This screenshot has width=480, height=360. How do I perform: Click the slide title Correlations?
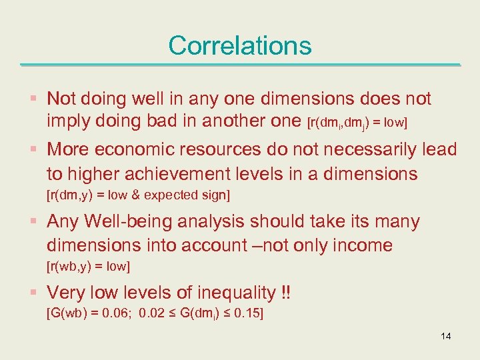click(239, 45)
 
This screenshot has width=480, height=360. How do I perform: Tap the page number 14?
click(445, 335)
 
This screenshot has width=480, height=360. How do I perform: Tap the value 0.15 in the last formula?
click(245, 314)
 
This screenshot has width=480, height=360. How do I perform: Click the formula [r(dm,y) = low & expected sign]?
click(137, 195)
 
